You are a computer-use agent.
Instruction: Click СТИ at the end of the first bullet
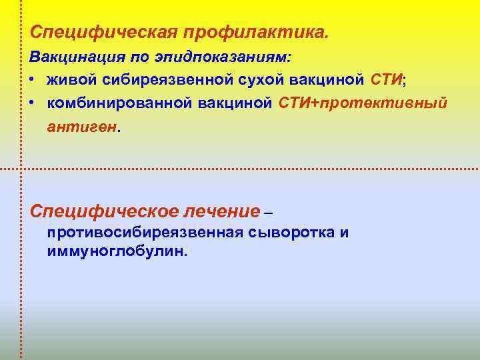point(385,81)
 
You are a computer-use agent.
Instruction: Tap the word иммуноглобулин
point(117,251)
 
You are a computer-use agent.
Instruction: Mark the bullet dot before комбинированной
point(32,103)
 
